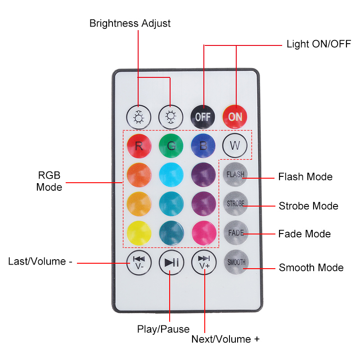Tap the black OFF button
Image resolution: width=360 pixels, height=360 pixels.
[203, 117]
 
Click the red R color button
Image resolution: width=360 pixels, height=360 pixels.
[139, 145]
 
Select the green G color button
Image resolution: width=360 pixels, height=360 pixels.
[171, 145]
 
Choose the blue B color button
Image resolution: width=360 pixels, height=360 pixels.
[203, 145]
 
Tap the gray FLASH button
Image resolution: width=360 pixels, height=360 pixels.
[235, 174]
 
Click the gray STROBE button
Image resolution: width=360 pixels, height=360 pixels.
[235, 203]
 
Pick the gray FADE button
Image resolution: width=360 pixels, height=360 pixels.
[235, 233]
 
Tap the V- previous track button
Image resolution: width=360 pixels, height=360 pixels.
[139, 262]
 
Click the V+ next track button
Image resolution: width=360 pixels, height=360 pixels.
[204, 262]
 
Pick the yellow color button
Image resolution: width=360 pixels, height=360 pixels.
[139, 233]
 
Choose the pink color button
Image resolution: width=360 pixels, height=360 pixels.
[203, 233]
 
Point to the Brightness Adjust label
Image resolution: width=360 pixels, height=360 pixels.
[130, 23]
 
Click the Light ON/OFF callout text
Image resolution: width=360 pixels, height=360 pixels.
[319, 45]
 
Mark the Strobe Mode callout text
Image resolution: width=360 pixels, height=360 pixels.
[308, 206]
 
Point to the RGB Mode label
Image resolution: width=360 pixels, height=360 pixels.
[49, 181]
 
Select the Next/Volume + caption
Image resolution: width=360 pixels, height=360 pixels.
[225, 339]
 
